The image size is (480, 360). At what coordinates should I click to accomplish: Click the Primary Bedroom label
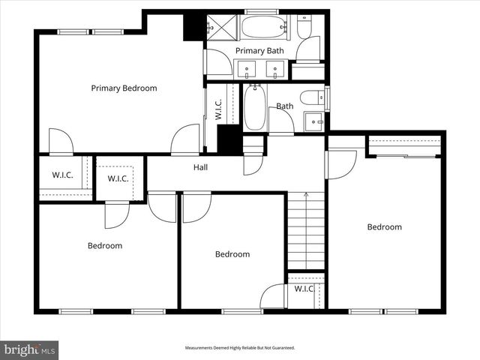(124, 88)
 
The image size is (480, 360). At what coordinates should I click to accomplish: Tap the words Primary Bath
(259, 51)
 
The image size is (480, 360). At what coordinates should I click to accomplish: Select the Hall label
(201, 167)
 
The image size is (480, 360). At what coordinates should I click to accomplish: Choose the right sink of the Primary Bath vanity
(276, 71)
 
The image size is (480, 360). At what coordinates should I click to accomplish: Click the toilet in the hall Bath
(313, 97)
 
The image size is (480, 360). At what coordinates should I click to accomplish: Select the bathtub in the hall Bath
(254, 107)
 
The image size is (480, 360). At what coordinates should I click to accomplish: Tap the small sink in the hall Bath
(313, 120)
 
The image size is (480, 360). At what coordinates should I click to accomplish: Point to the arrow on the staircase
(305, 196)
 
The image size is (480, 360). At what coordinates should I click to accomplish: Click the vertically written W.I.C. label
(218, 109)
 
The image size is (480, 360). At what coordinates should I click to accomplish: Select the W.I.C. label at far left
(62, 175)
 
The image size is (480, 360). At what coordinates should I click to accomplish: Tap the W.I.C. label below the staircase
(304, 289)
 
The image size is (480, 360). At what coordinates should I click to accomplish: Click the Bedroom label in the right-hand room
(384, 227)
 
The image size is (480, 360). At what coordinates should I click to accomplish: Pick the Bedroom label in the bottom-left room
(105, 246)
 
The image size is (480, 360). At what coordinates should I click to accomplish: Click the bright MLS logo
(30, 349)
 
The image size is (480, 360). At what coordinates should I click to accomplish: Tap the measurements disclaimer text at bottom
(240, 348)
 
